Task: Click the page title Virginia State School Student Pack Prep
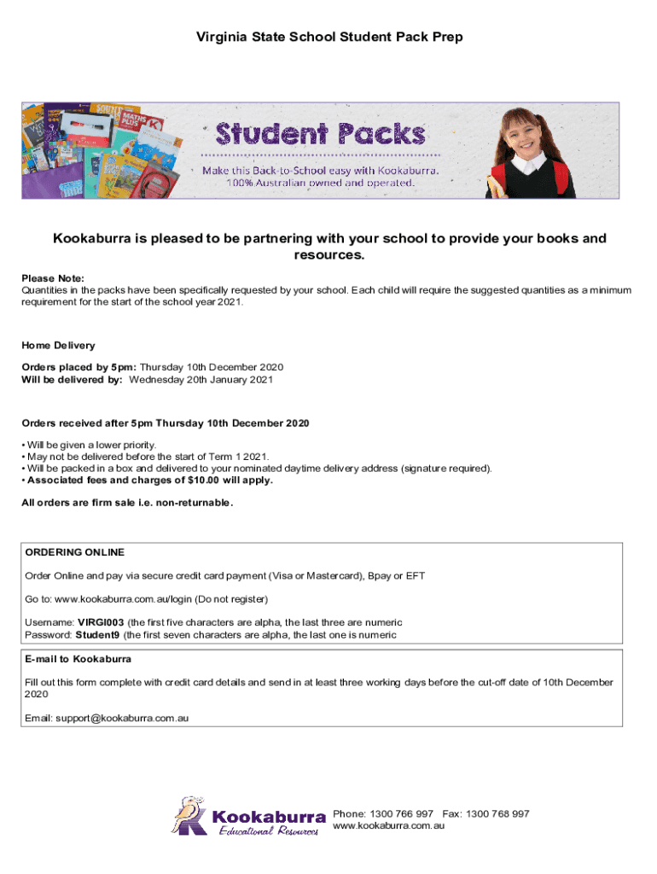coord(329,38)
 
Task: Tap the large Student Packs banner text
coord(320,134)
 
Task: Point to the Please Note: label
coord(53,278)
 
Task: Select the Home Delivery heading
coord(58,346)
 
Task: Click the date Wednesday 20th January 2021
coord(201,379)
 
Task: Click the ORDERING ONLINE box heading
coord(75,552)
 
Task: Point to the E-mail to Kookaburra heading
coord(78,660)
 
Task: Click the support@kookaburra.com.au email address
coord(122,719)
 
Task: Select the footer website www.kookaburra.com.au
coord(389,826)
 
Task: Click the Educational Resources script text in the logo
coord(269,831)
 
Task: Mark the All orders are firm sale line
coord(126,503)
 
